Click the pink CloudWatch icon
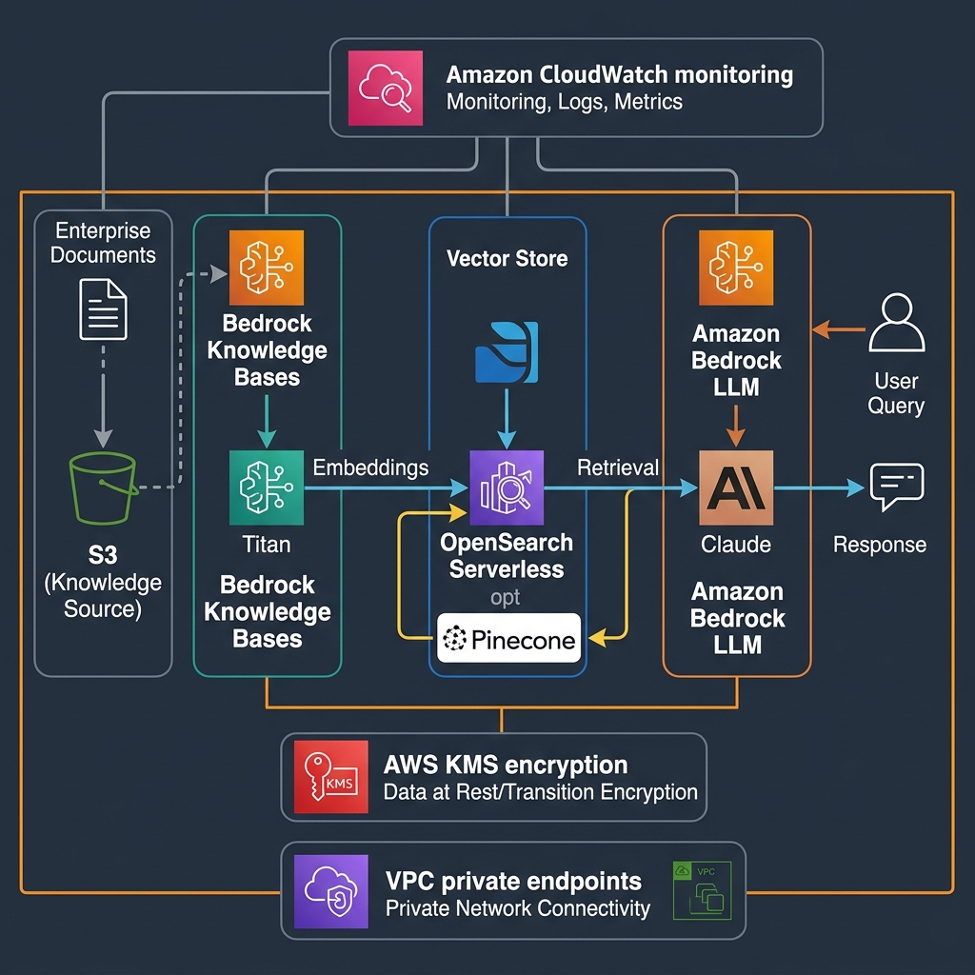click(x=387, y=88)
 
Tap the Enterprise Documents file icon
click(x=103, y=308)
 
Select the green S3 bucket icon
click(x=104, y=488)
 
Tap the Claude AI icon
click(x=736, y=488)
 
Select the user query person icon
click(x=897, y=327)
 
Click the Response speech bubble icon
click(x=897, y=487)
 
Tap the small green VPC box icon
click(x=703, y=890)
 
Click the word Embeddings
click(x=370, y=468)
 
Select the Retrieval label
click(x=618, y=468)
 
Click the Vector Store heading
click(x=507, y=258)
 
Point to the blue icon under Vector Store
click(x=507, y=352)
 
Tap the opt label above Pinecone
click(x=506, y=599)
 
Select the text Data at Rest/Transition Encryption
click(x=540, y=792)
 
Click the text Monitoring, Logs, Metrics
click(x=564, y=102)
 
